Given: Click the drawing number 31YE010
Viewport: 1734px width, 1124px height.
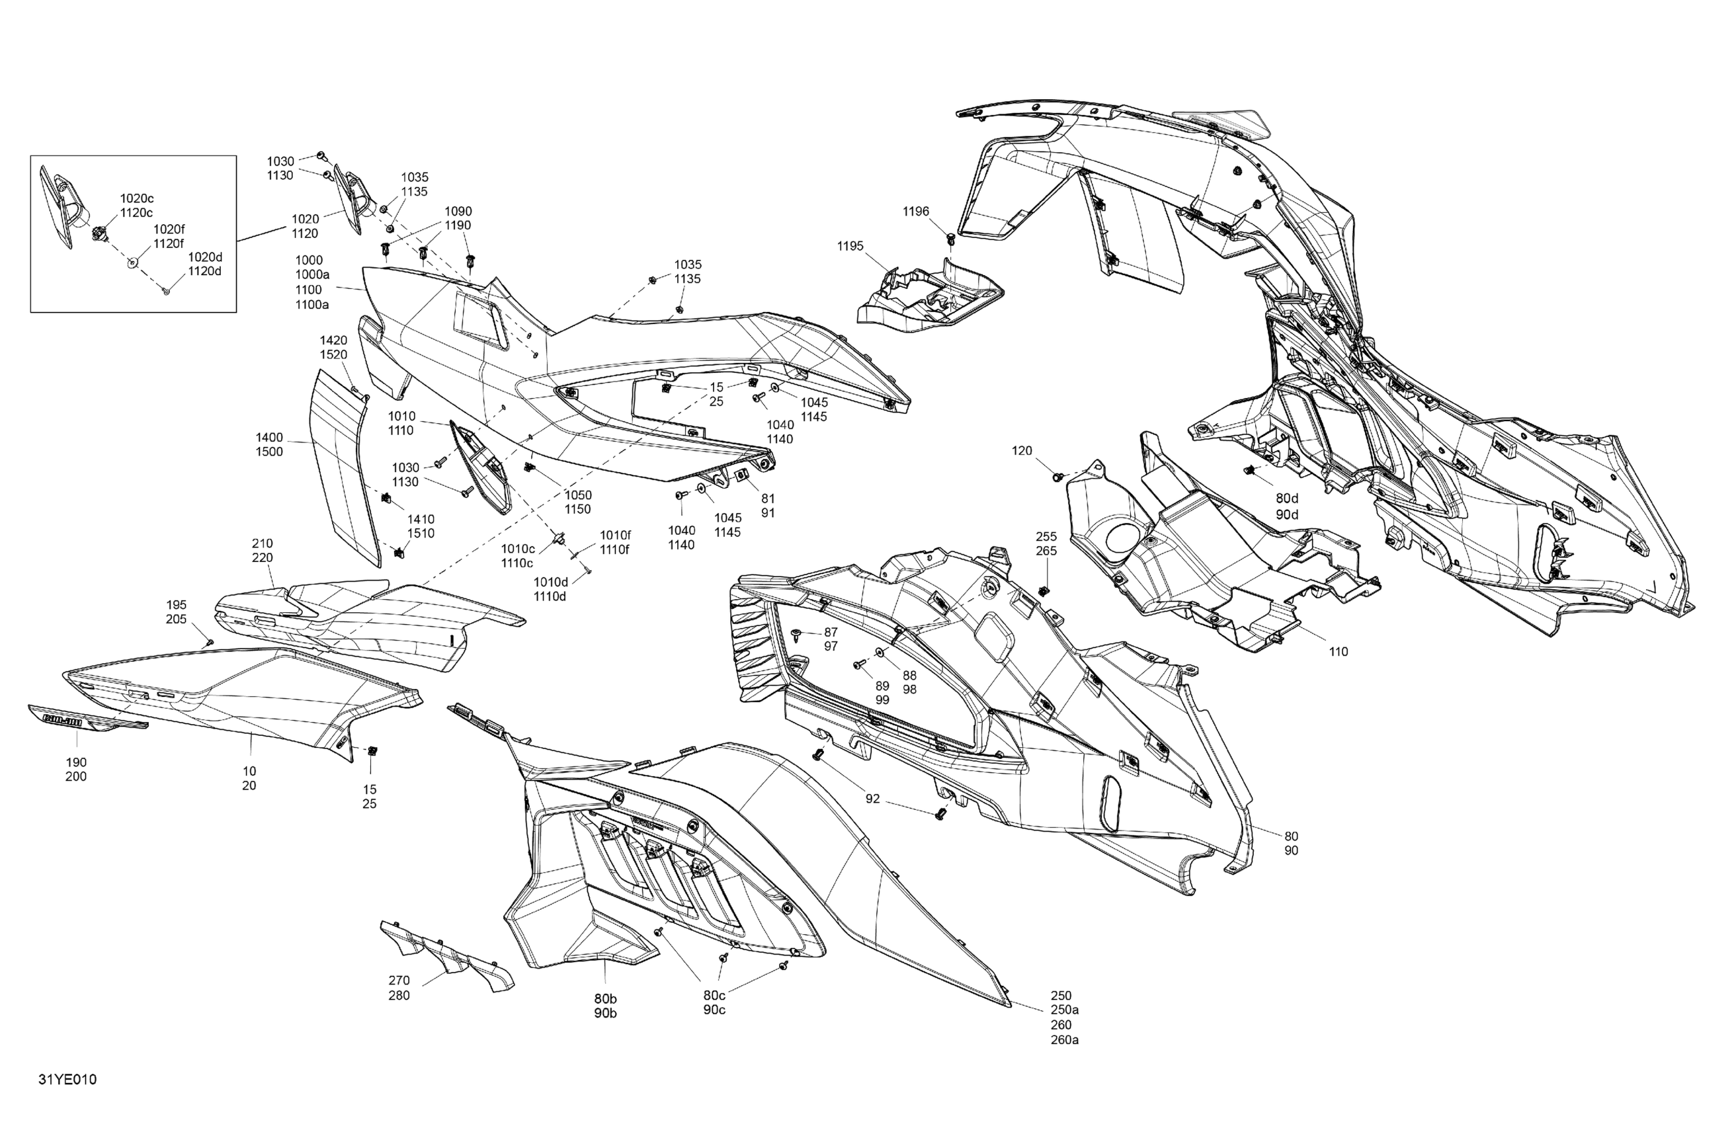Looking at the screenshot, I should [x=67, y=1080].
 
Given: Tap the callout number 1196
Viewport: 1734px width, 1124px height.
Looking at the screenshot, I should [x=916, y=212].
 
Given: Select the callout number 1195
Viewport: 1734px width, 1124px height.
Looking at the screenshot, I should [x=850, y=246].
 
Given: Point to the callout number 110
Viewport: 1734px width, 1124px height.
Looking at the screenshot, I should [x=1339, y=652].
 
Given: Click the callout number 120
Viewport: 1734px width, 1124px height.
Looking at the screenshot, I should [x=1022, y=451].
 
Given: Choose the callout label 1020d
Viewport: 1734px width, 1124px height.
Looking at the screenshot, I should [x=205, y=257].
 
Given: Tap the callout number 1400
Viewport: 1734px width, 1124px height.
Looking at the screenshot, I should [x=269, y=437].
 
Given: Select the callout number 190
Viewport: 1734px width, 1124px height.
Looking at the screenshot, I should [x=76, y=763].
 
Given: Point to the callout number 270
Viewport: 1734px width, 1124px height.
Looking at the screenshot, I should [x=399, y=981].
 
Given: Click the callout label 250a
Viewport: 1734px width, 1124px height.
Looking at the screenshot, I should [x=1065, y=1010].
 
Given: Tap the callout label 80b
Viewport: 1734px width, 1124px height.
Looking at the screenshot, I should [x=604, y=998].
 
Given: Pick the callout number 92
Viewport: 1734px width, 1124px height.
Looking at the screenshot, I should [x=872, y=799].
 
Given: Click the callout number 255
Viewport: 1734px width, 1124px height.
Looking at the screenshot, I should [x=1046, y=537].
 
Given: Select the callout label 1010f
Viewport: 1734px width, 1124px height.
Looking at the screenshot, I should [x=615, y=536].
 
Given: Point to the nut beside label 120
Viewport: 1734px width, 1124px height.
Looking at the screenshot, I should [x=1056, y=477].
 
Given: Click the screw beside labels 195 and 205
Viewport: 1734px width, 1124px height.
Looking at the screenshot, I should [x=210, y=643].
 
